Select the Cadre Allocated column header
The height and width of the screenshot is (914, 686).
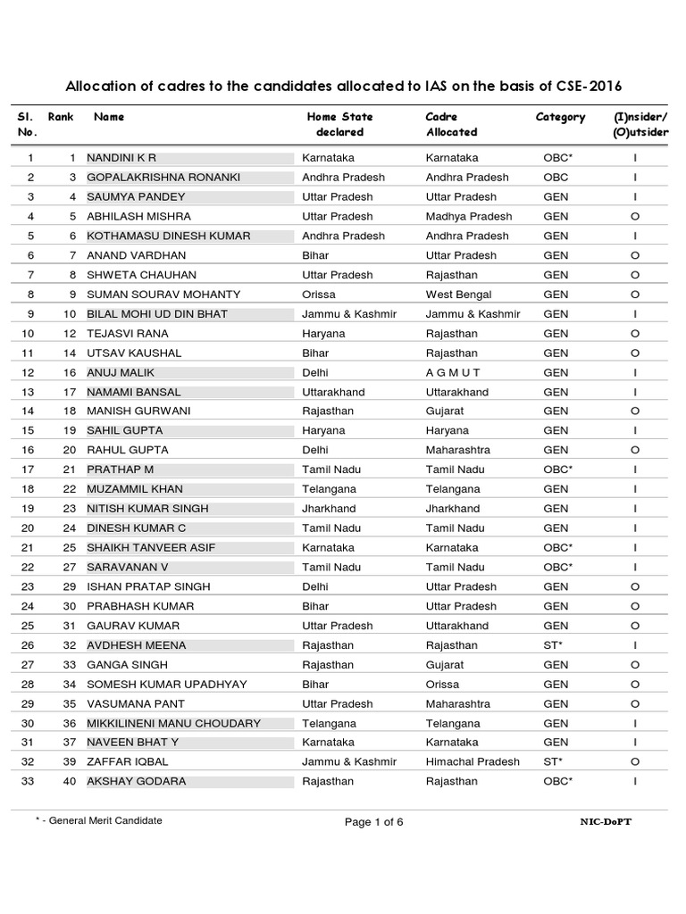[452, 124]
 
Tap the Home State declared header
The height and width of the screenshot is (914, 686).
[339, 124]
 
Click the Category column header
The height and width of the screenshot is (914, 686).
[560, 117]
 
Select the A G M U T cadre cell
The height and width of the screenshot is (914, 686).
[453, 373]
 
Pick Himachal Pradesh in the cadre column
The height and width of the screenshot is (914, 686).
[473, 761]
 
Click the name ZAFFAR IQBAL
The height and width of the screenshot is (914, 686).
[127, 761]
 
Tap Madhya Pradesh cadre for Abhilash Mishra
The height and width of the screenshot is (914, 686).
[469, 216]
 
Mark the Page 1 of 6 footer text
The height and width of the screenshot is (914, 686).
[374, 822]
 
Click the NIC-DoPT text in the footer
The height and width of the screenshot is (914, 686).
[606, 821]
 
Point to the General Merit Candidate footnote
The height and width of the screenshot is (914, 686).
[99, 820]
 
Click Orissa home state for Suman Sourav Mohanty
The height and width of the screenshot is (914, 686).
[320, 295]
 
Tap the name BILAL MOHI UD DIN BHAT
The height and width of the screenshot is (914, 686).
[156, 314]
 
